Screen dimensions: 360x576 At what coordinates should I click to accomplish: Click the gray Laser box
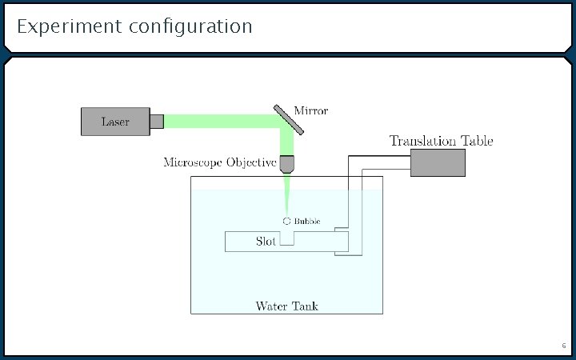coord(115,122)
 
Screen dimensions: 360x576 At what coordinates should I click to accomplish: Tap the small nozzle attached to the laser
coord(157,122)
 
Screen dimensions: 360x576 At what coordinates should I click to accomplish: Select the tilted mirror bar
coord(288,119)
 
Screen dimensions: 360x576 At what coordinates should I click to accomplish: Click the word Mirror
coord(310,110)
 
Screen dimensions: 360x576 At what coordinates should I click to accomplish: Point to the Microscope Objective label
coord(219,162)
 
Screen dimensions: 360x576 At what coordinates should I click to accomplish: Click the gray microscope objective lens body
coord(286,165)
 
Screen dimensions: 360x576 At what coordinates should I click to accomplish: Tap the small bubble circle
coord(286,220)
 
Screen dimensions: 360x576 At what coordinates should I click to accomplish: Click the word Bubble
coord(307,220)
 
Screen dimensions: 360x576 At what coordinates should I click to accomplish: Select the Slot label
coord(266,241)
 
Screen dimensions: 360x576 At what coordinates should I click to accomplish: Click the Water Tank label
coord(286,306)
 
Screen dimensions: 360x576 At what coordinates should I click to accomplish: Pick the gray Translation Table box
coord(438,163)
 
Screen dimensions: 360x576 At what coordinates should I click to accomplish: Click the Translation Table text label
coord(441,141)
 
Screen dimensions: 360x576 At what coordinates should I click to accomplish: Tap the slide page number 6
coord(563,346)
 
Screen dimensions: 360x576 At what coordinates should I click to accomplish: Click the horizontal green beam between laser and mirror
coord(216,122)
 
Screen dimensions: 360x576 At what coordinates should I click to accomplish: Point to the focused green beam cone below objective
coord(286,192)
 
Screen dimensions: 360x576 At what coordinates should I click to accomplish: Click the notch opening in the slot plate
coord(286,238)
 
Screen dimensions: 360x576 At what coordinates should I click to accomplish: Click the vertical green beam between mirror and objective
coord(286,142)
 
